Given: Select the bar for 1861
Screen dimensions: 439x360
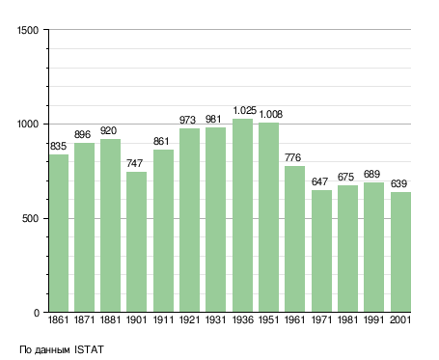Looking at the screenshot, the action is tap(59, 234).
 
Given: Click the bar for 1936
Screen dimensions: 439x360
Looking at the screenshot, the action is tap(243, 215).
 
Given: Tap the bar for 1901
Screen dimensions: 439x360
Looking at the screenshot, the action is tap(136, 241).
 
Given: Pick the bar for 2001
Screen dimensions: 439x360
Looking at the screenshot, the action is tap(400, 252).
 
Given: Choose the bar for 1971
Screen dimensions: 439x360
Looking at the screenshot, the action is tap(321, 251).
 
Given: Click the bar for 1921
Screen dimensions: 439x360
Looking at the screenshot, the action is tap(189, 220).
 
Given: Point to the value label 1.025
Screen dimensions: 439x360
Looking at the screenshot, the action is tap(245, 110).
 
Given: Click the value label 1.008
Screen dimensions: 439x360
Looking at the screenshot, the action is tap(271, 114).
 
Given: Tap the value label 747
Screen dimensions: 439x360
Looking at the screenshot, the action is tap(134, 163).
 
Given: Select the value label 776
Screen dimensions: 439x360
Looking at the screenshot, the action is tap(292, 157).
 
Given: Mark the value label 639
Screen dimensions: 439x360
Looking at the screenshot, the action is tap(398, 183).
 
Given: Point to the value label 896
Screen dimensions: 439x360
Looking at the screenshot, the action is tap(82, 134).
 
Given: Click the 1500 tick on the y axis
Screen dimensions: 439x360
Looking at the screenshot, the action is tap(28, 30).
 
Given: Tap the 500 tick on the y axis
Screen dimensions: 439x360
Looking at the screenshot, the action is tap(30, 218).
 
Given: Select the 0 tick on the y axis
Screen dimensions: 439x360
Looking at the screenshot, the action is tap(37, 313).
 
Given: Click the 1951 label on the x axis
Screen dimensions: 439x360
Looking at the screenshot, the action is tap(268, 319).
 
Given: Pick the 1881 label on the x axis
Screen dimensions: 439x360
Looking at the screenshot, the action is tap(110, 319).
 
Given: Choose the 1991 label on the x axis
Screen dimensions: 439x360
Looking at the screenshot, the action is tap(373, 319).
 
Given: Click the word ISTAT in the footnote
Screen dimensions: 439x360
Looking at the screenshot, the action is tap(89, 349).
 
